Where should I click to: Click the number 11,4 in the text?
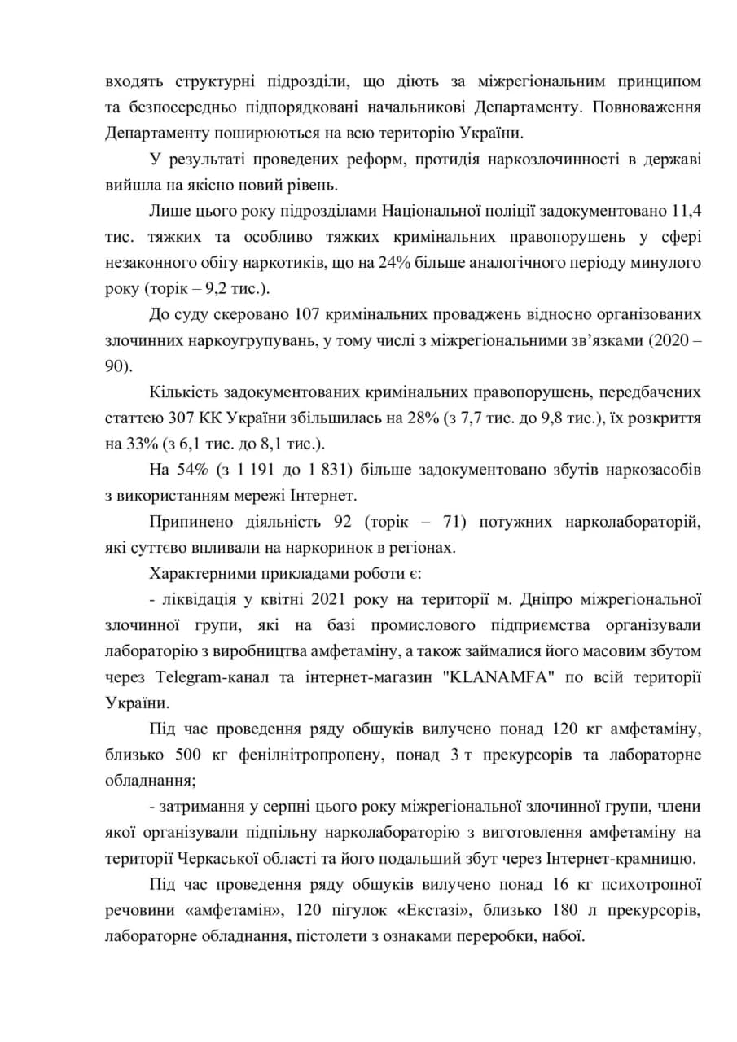(x=684, y=212)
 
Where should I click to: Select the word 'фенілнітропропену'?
(x=311, y=753)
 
